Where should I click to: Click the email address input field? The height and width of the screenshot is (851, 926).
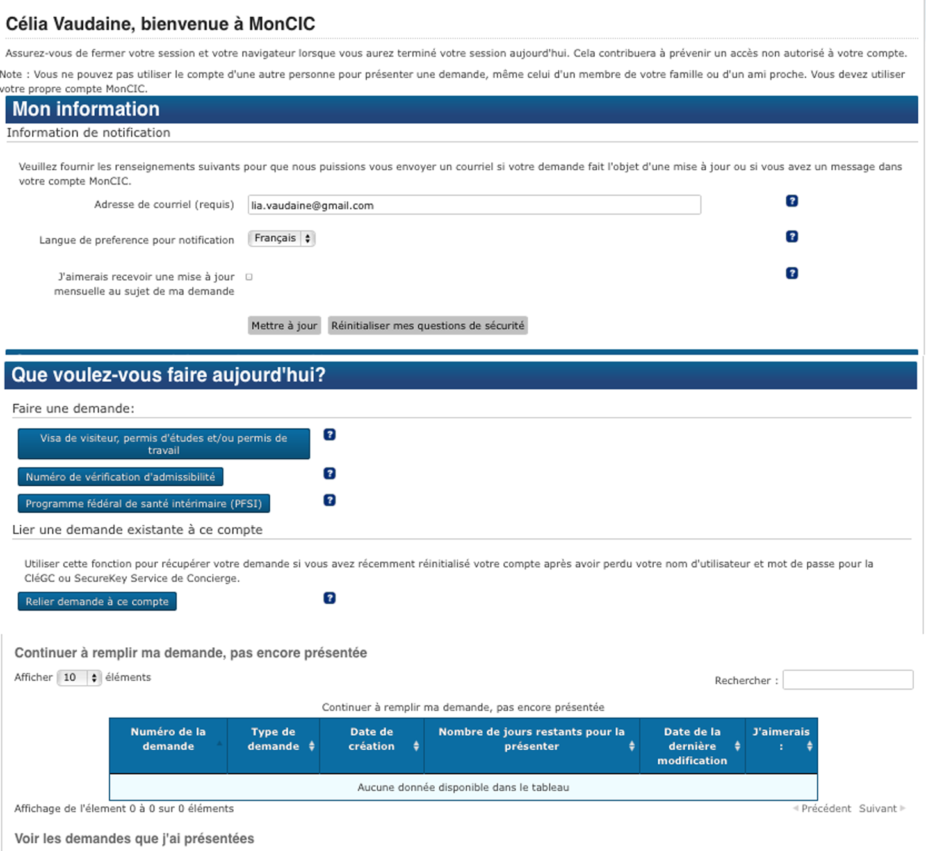(474, 205)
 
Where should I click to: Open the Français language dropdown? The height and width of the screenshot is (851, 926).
(282, 238)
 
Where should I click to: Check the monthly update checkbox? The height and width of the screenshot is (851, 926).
(249, 277)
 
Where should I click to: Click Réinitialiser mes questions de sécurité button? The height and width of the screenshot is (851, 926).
(428, 326)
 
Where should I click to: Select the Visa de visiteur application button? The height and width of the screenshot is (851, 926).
(164, 444)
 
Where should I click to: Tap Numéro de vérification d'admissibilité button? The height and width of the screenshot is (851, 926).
(120, 477)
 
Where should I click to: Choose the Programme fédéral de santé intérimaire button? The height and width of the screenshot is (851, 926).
(144, 504)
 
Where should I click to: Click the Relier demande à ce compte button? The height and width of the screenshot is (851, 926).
(97, 602)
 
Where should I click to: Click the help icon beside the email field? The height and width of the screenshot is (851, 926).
(792, 201)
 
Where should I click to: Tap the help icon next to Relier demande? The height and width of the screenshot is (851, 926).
(330, 598)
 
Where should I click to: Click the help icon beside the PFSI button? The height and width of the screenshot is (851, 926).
(330, 500)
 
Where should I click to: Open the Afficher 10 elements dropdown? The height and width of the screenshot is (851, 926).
(79, 677)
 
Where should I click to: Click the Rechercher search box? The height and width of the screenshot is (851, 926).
(848, 680)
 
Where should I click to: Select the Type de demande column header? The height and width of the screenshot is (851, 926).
(273, 739)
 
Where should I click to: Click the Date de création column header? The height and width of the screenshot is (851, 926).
(371, 739)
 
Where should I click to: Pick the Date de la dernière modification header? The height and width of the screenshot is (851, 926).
(692, 746)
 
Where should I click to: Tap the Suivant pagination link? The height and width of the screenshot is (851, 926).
(878, 809)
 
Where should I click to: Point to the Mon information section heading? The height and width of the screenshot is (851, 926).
(86, 110)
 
